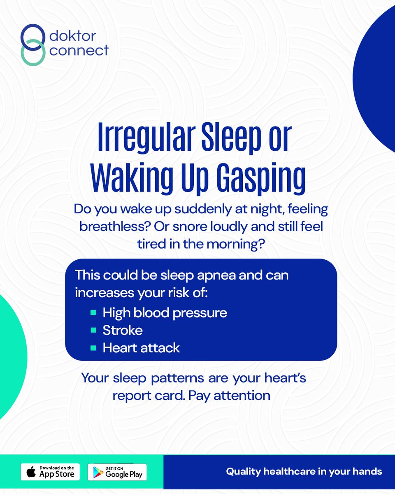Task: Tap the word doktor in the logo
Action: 72,36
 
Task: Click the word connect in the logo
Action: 79,50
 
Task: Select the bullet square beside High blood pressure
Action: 93,312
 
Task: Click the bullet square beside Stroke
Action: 93,330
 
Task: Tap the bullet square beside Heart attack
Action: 93,347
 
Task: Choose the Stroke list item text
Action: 123,330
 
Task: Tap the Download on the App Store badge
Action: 50,471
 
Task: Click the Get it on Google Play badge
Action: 117,471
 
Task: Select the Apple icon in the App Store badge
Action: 31,472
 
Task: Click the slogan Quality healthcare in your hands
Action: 304,471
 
